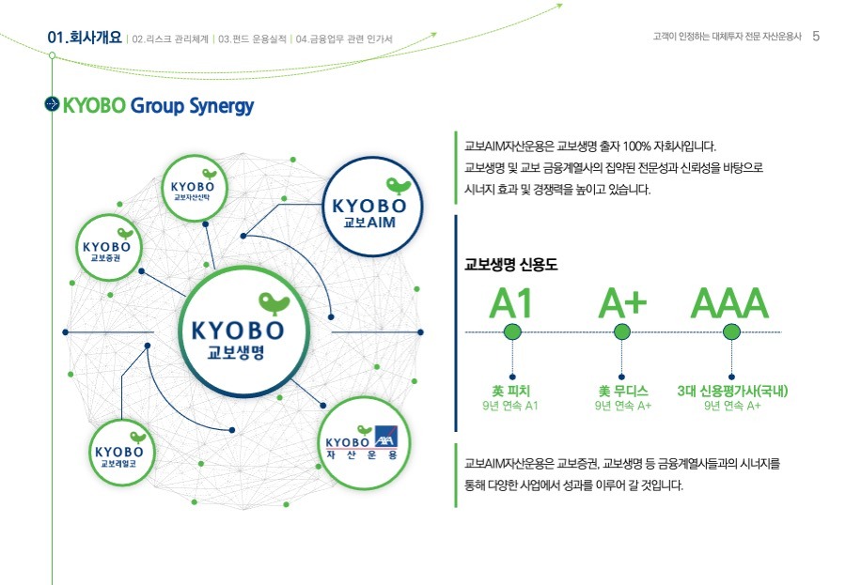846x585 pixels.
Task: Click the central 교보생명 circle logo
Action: [243, 331]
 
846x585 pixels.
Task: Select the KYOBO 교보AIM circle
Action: [372, 207]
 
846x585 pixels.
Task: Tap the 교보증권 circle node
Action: [108, 248]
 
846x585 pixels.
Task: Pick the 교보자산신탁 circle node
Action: [195, 188]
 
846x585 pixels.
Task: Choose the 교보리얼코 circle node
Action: [121, 453]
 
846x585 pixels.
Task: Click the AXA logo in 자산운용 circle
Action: [386, 437]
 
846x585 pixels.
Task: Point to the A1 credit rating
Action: [511, 303]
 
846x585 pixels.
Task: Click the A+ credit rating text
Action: [622, 303]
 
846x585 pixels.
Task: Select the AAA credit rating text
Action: [730, 303]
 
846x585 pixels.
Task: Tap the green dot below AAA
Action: [731, 331]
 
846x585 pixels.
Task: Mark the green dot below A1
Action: [512, 331]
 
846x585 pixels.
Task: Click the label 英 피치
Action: [510, 391]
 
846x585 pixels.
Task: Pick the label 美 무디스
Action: [623, 391]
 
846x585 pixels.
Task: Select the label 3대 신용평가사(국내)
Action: [732, 391]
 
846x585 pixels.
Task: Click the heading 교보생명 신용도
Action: [511, 264]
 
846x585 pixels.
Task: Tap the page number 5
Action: [816, 36]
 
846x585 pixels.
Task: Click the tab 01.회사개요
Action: [85, 38]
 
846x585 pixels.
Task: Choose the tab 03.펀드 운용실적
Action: [252, 39]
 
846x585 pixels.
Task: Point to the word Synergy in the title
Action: [221, 106]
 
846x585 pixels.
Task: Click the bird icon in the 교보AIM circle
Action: [399, 186]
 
